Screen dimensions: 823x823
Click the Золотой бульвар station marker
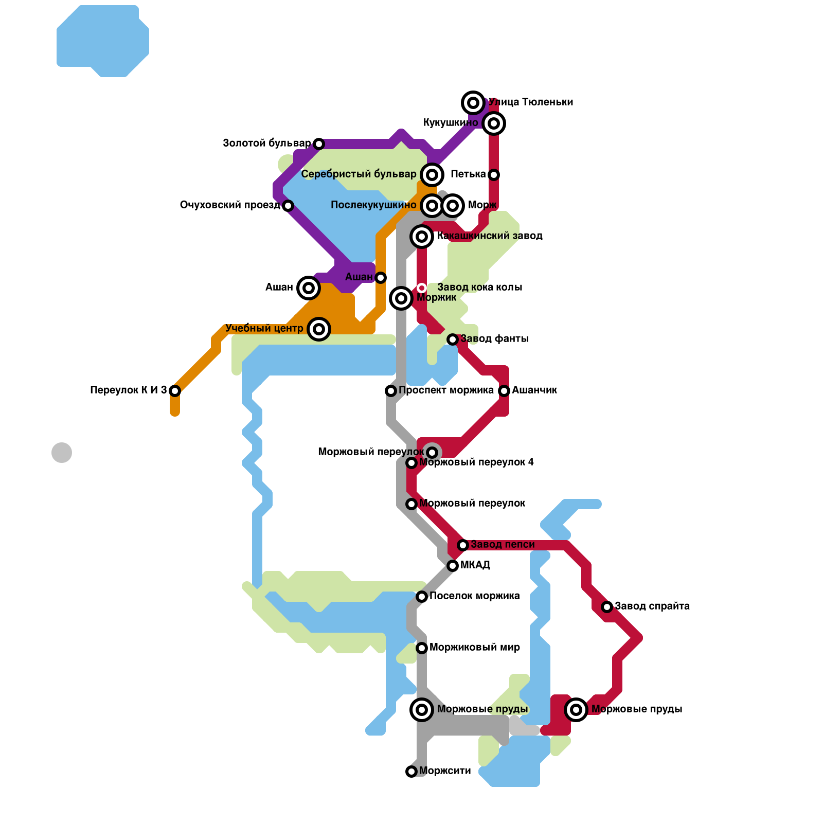[319, 144]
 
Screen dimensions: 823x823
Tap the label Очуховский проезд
[230, 205]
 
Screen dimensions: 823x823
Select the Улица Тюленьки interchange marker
[473, 103]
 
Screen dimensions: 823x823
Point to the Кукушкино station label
[451, 123]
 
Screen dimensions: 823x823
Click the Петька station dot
[494, 175]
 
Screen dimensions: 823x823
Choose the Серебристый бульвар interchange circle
[432, 175]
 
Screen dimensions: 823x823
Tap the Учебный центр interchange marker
[319, 329]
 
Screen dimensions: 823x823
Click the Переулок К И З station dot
[175, 391]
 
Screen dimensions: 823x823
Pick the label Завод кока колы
[479, 287]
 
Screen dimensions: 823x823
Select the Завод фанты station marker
[453, 339]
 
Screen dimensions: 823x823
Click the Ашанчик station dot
[504, 391]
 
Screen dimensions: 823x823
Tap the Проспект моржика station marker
[391, 391]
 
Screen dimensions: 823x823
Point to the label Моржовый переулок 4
[476, 462]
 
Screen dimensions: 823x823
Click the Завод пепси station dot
[463, 545]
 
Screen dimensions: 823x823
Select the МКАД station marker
[453, 566]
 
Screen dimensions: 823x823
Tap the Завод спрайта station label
[652, 606]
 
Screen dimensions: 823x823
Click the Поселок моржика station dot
[422, 597]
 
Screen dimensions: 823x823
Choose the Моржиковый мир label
[474, 648]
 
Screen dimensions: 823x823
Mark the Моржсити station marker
[411, 772]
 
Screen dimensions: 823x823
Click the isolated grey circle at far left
[62, 453]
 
